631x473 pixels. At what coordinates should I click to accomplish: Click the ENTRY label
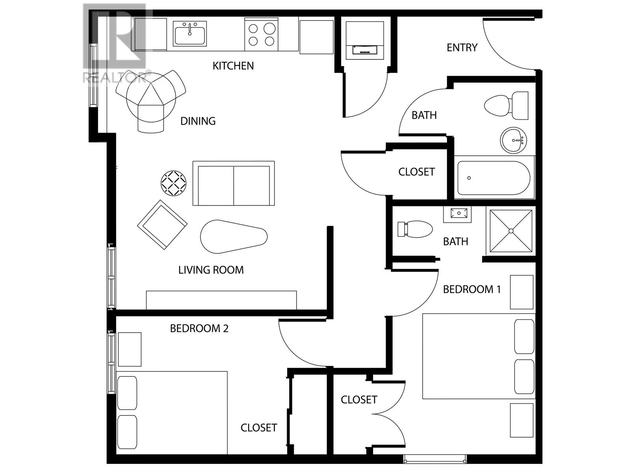[462, 47]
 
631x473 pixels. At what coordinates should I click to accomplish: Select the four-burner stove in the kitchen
[261, 34]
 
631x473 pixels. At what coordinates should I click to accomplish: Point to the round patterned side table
[174, 183]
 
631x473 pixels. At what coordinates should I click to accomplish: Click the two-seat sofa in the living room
[233, 183]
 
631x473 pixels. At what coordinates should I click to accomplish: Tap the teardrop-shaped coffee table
[233, 236]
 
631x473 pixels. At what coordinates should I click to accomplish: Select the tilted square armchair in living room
[162, 225]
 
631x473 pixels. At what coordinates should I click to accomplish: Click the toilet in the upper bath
[506, 106]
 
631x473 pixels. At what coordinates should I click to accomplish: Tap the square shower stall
[511, 231]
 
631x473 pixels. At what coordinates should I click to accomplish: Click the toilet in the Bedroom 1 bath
[415, 229]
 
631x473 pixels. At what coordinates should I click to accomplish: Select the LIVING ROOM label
[211, 270]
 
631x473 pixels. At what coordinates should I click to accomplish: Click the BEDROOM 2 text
[199, 329]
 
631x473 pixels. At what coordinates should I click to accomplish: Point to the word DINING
[198, 121]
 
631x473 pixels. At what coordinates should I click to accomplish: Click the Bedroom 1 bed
[479, 356]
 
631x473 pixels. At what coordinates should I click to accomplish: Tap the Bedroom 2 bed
[172, 413]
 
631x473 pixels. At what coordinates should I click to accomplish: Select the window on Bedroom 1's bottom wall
[434, 459]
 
